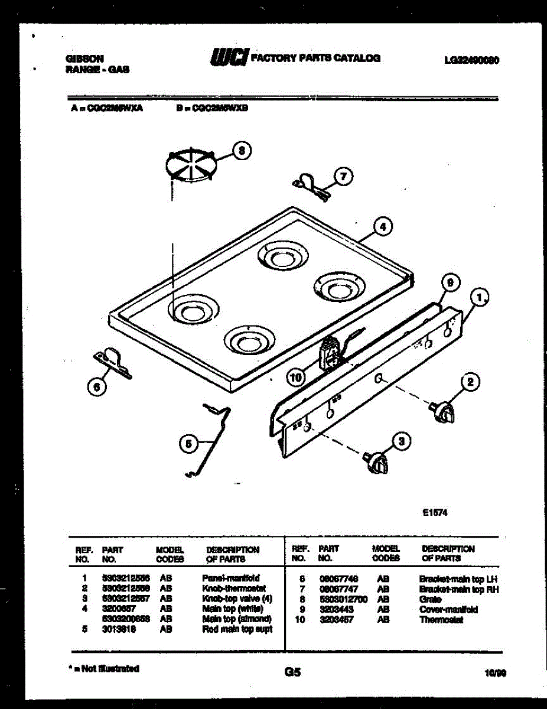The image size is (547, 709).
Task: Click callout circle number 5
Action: coord(188,443)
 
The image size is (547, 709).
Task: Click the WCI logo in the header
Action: coord(229,57)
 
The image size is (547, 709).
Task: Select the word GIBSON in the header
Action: coord(84,58)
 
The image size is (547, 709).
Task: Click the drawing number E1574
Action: coord(435,513)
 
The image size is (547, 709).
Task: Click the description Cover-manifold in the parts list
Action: coord(448,609)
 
